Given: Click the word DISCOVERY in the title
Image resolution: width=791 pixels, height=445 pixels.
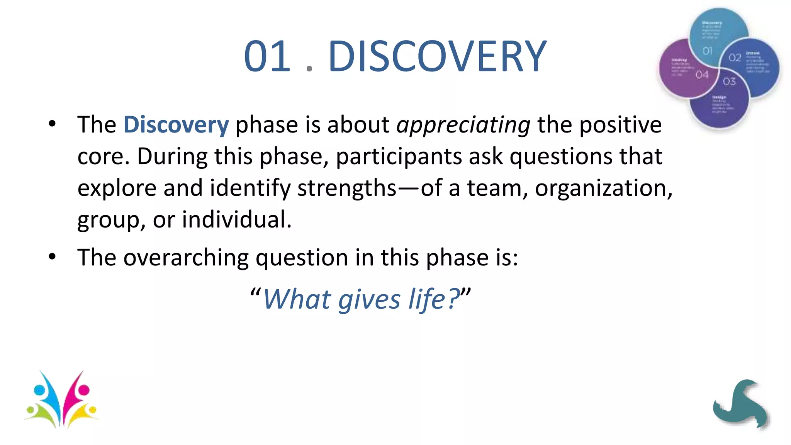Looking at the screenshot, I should click(x=437, y=57).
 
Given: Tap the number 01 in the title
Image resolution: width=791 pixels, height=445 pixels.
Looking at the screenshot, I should click(x=267, y=57).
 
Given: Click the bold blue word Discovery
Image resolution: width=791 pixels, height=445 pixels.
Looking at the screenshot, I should click(x=176, y=125).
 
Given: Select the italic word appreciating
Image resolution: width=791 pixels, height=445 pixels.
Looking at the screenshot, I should click(x=463, y=126).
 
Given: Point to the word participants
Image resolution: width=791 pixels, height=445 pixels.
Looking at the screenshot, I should click(x=399, y=157).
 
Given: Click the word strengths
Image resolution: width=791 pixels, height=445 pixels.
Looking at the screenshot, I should click(x=346, y=189).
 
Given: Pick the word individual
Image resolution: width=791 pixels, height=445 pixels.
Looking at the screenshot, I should click(x=236, y=219).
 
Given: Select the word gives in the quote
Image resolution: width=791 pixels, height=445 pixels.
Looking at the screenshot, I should click(x=369, y=300).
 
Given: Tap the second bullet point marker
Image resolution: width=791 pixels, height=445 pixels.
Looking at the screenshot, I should click(x=52, y=257).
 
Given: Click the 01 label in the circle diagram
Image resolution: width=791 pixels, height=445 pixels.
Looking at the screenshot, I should click(x=707, y=51).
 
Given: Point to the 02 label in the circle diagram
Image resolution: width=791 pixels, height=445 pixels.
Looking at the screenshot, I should click(x=735, y=58).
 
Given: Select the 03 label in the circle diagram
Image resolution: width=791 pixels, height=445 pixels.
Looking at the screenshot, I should click(x=729, y=82).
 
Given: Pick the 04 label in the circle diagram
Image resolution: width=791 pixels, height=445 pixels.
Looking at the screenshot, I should click(x=702, y=75).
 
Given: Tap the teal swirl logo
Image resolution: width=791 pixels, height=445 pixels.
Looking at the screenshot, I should click(x=741, y=404).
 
